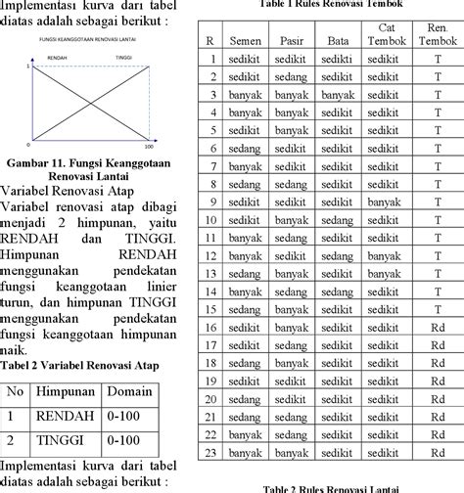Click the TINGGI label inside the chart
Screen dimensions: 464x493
[x=124, y=59]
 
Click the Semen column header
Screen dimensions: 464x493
[x=245, y=40]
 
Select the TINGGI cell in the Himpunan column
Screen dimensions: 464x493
[x=65, y=440]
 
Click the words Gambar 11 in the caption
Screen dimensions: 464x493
[x=40, y=161]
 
